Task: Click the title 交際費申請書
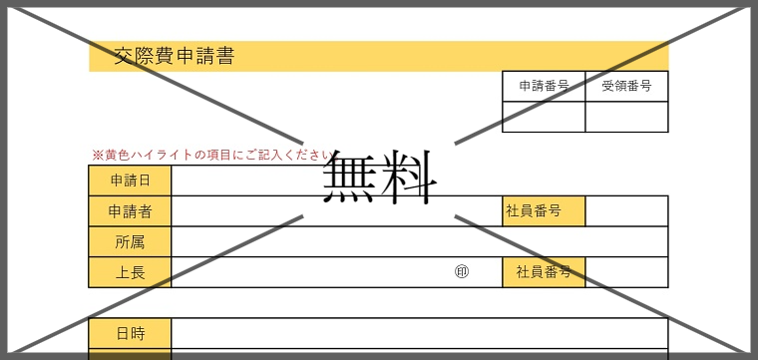tap(175, 57)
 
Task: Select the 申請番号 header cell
tap(544, 87)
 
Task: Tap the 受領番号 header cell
tap(626, 87)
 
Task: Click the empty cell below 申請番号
tap(544, 117)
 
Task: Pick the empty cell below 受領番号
tap(626, 117)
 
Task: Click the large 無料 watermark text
tap(380, 178)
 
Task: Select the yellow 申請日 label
tap(130, 180)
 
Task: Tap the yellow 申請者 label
tap(130, 211)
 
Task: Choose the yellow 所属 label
tap(130, 241)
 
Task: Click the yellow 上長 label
tap(130, 272)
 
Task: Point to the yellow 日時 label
tap(130, 333)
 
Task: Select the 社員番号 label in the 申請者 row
tap(544, 211)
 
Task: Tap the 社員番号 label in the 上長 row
tap(544, 272)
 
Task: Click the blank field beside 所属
tap(419, 241)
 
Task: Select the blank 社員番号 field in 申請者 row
tap(626, 211)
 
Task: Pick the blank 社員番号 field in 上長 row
tap(626, 272)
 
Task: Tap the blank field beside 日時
tap(419, 333)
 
